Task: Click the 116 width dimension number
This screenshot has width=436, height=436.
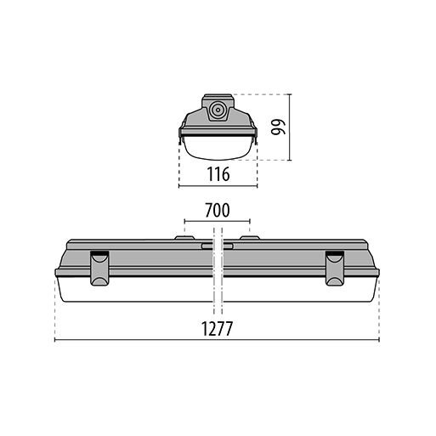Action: click(218, 174)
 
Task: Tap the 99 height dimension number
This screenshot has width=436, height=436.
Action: click(278, 127)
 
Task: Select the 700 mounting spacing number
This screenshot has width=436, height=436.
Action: click(218, 210)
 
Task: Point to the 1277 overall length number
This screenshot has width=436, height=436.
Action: click(217, 328)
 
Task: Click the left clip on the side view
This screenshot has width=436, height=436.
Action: click(99, 268)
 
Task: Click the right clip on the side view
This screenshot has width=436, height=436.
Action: click(335, 268)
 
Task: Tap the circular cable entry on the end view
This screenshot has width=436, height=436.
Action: click(218, 110)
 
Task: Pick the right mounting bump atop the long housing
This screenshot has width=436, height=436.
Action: click(250, 238)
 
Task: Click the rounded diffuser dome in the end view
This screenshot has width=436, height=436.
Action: click(218, 148)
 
